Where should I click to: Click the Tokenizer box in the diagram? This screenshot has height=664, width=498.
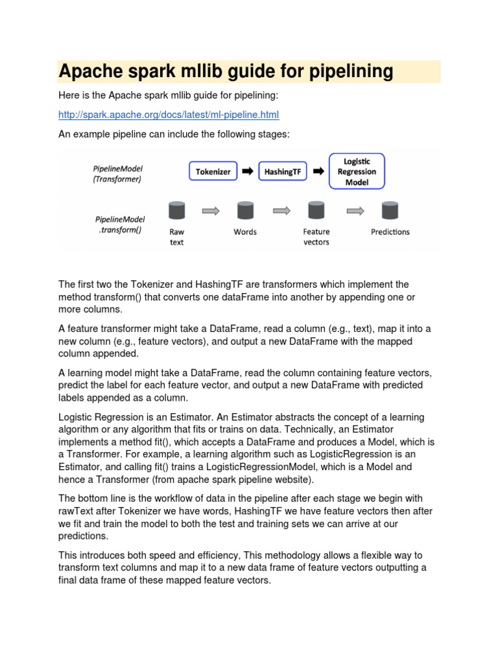pyautogui.click(x=213, y=172)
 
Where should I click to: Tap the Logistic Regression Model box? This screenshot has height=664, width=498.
pyautogui.click(x=357, y=171)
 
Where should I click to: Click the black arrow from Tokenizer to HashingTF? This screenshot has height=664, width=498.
pyautogui.click(x=248, y=172)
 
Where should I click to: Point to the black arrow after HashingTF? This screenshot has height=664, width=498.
pyautogui.click(x=318, y=172)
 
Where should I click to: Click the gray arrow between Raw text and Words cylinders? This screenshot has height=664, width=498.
pyautogui.click(x=211, y=210)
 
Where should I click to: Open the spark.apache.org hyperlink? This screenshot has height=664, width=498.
pyautogui.click(x=168, y=115)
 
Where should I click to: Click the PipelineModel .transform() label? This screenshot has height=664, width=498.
pyautogui.click(x=119, y=225)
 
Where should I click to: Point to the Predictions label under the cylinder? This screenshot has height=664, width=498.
pyautogui.click(x=390, y=232)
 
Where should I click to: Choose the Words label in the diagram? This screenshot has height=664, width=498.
pyautogui.click(x=245, y=232)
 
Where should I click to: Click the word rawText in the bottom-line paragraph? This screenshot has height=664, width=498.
pyautogui.click(x=78, y=511)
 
